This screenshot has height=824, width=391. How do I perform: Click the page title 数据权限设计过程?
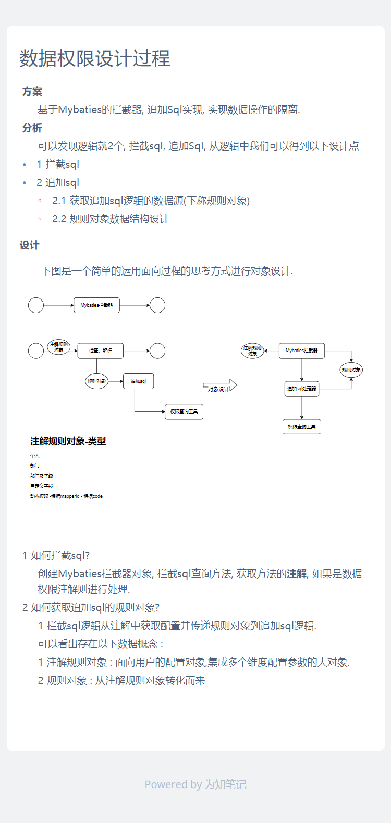tap(95, 58)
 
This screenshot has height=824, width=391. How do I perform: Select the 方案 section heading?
tap(32, 92)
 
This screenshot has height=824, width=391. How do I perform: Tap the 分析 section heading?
tap(32, 128)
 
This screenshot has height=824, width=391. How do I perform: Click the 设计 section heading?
tap(30, 245)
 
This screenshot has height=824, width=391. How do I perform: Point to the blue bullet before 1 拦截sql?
tap(25, 165)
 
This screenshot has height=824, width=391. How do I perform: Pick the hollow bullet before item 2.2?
tap(40, 219)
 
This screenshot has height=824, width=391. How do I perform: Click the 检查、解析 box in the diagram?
tap(101, 351)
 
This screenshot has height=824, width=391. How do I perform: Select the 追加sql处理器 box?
tap(302, 389)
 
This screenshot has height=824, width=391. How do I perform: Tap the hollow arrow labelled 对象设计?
tap(219, 386)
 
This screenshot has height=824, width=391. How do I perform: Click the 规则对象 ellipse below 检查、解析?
tap(96, 381)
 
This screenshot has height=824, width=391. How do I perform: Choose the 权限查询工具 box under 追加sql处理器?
tap(302, 427)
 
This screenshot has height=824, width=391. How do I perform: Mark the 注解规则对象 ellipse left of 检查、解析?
tap(58, 347)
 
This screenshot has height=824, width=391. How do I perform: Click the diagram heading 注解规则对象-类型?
tap(68, 441)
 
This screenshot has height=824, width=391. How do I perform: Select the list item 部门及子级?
tap(42, 476)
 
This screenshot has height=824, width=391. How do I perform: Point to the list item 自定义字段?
tap(42, 486)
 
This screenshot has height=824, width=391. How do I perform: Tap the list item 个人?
tap(35, 456)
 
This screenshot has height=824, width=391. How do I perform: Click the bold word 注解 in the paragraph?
tap(297, 574)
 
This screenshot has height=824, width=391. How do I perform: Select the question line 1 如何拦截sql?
tap(56, 555)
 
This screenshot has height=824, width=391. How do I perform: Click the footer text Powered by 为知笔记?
tap(195, 784)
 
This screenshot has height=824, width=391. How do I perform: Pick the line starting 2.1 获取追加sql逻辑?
tap(151, 201)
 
